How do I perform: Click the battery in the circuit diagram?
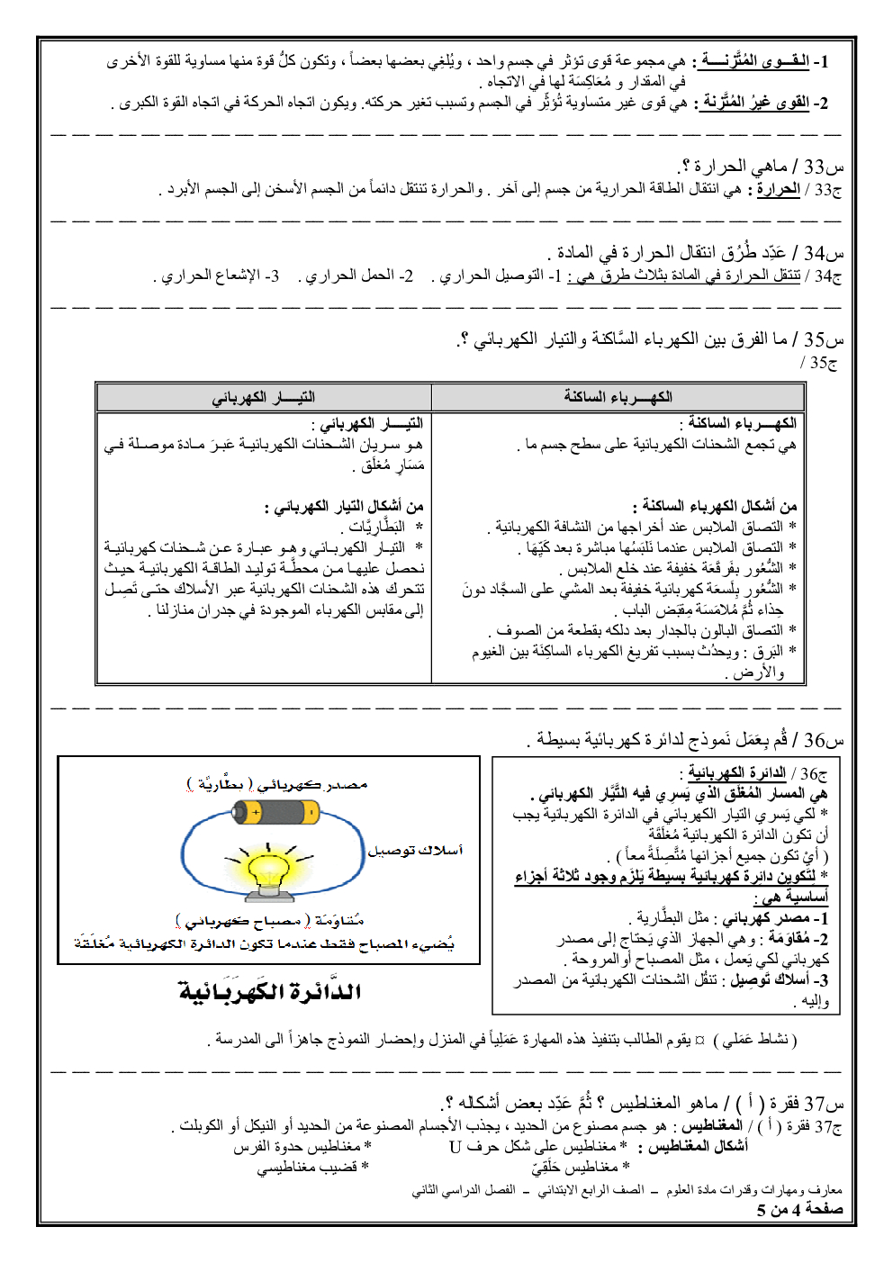275,814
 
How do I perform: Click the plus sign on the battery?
255,813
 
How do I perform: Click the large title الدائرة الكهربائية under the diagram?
270,992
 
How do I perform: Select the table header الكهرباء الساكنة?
618,397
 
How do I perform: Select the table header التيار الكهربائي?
263,397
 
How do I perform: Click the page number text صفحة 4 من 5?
799,1209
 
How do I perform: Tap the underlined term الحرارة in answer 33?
778,190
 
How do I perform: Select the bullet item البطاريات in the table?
377,527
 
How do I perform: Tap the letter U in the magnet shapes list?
456,1147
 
